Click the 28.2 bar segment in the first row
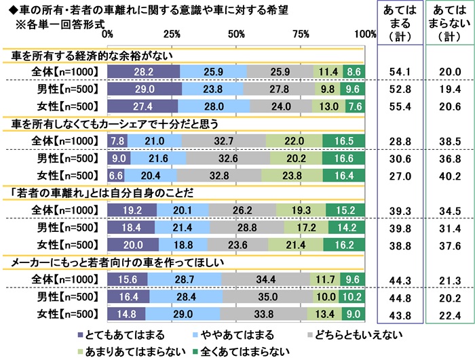(x=143, y=70)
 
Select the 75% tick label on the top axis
(x=301, y=34)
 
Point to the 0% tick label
(x=107, y=34)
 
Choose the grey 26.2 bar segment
(x=243, y=210)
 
